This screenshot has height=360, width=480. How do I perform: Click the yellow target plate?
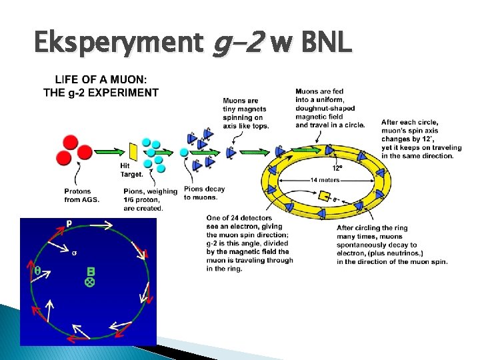(132, 151)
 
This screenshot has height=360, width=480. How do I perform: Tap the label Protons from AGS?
(82, 195)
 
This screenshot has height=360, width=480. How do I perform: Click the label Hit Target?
(131, 170)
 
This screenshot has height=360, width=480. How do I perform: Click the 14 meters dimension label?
(325, 180)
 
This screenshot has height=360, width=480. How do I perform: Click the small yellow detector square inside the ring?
(325, 196)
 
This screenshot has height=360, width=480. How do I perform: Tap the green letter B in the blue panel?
(91, 271)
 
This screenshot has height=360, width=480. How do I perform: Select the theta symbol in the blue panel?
(37, 271)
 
